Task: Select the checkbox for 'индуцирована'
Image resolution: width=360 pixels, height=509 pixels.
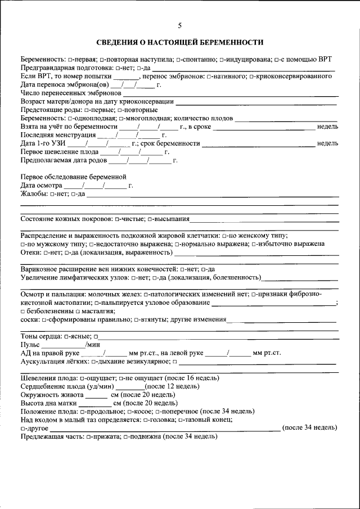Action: tap(222, 59)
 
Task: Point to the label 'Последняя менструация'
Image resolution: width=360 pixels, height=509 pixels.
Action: tap(58, 136)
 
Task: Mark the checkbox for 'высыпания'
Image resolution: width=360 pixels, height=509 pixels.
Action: tap(149, 219)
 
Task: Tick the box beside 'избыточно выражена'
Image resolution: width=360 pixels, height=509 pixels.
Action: tap(254, 245)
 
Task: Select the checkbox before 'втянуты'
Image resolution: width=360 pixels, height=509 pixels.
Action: tap(137, 319)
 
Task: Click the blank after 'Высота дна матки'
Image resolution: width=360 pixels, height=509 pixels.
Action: tap(98, 403)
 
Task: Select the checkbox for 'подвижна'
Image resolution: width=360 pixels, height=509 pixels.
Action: tap(125, 436)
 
